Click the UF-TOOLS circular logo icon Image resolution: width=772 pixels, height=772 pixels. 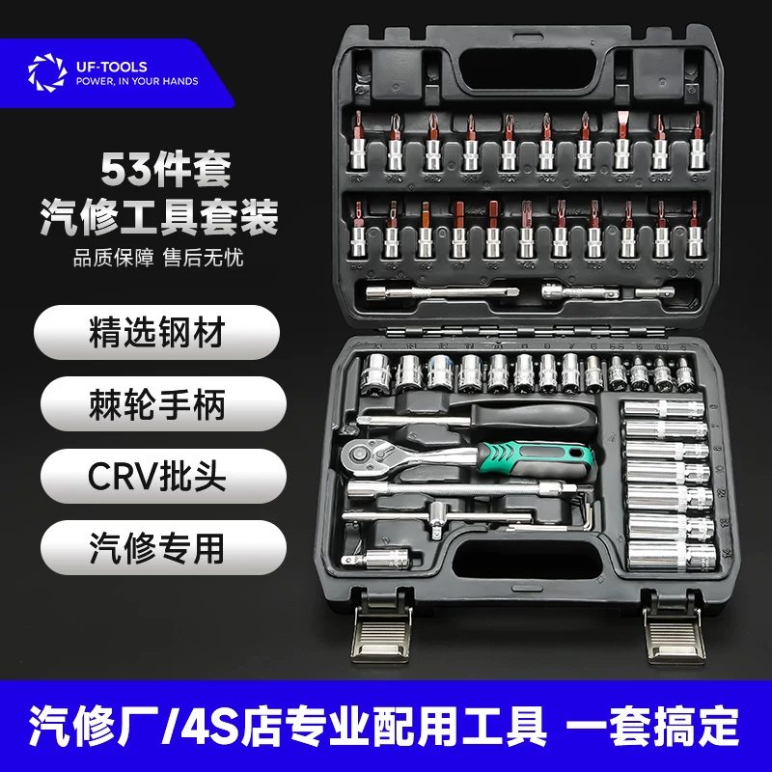43,74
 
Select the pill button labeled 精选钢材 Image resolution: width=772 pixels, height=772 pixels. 155,334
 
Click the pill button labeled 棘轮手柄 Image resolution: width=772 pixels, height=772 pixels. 155,404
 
